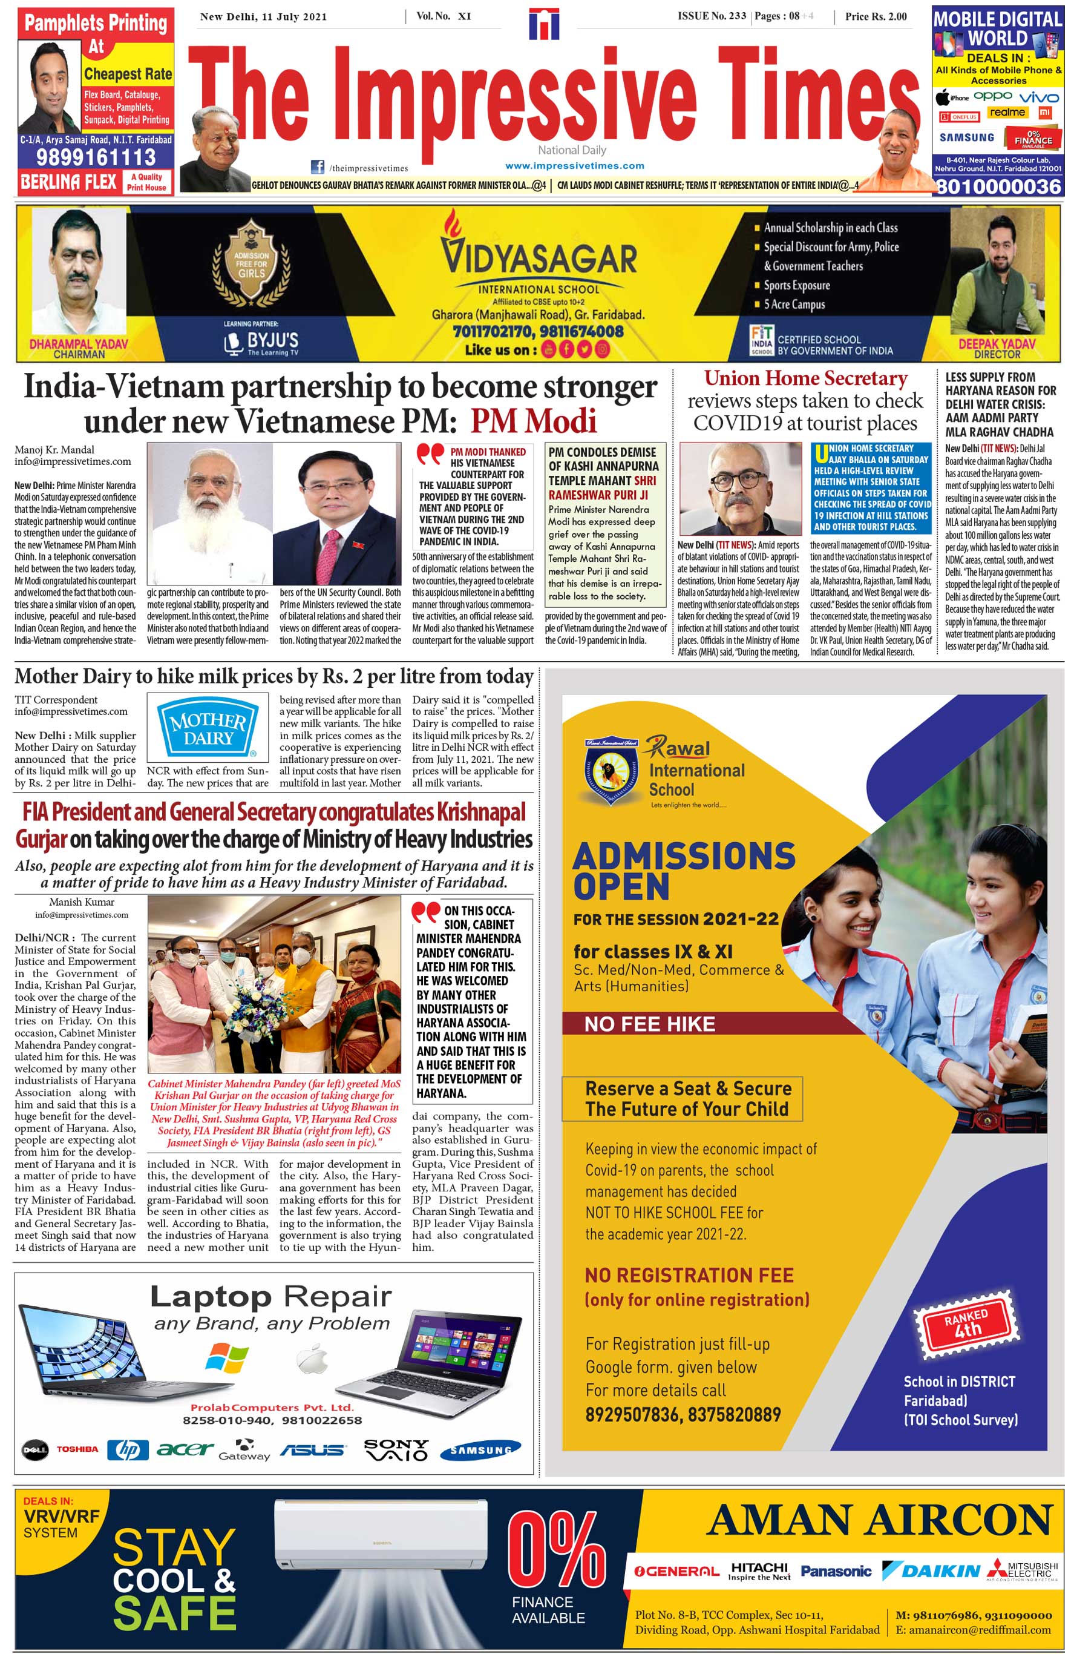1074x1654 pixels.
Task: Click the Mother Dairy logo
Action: (x=208, y=729)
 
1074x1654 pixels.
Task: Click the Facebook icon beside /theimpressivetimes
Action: (x=318, y=166)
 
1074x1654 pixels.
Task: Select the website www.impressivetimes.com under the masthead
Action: (x=574, y=165)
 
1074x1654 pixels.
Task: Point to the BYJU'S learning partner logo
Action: (x=262, y=341)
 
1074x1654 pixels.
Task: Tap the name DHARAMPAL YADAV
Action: (x=79, y=343)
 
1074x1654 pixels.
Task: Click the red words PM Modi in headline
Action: (x=534, y=420)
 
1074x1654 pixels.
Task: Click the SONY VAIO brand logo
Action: (x=396, y=1450)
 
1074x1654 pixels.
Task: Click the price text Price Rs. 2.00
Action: (x=876, y=17)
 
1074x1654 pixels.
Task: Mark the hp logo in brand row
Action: (x=128, y=1450)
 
